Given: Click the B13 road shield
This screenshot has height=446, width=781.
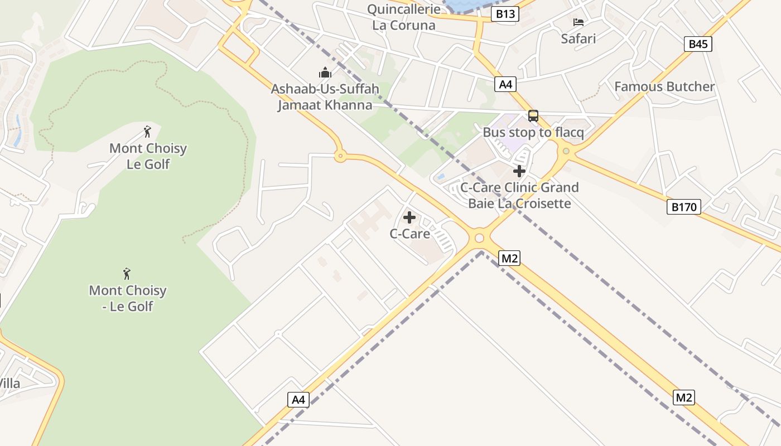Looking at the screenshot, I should (x=505, y=14).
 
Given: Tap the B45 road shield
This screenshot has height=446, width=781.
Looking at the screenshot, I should (x=698, y=44).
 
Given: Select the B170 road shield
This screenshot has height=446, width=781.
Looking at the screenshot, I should (x=683, y=207).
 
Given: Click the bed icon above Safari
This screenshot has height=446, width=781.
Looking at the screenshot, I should (x=578, y=22).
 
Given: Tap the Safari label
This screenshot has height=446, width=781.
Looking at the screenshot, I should (x=578, y=38).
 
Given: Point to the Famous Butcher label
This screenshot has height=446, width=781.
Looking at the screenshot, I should (x=664, y=86).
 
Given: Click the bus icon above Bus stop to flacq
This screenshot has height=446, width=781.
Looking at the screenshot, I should (x=533, y=116).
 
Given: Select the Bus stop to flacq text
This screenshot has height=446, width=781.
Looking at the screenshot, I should (x=533, y=133).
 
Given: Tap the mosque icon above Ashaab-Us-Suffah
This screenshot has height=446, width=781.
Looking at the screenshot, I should (x=325, y=72).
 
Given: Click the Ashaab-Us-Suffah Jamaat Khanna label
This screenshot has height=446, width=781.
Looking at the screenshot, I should (x=325, y=97).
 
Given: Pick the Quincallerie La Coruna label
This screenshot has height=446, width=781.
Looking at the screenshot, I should (x=403, y=17).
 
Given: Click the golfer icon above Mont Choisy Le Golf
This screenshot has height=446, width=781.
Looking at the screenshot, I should (x=147, y=132).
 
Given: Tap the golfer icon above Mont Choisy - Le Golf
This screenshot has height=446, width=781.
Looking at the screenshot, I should (x=127, y=274).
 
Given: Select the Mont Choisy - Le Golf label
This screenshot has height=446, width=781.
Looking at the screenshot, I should (x=128, y=298).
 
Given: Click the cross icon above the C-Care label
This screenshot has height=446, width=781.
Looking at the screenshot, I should (x=409, y=217).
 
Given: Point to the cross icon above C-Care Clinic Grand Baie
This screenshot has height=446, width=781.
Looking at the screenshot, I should (x=519, y=171).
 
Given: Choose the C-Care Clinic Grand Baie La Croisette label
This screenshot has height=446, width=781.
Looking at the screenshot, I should (x=519, y=195).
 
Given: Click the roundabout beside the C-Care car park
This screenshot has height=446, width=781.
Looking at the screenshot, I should (x=479, y=239).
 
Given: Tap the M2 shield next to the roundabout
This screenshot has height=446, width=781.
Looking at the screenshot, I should (x=509, y=258).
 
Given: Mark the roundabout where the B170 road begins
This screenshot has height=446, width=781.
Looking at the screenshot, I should (x=566, y=151).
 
